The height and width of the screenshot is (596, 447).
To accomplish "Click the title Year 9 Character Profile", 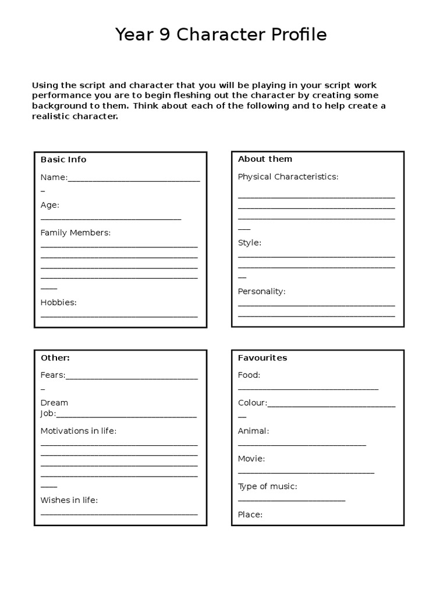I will pos(221,35).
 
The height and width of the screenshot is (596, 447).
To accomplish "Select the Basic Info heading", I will pos(63,159).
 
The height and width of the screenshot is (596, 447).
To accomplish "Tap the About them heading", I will pos(265,159).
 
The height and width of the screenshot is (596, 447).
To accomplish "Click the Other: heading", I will pos(55,358).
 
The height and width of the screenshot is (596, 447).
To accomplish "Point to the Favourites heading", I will pos(262,358).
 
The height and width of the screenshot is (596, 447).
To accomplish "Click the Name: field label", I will pos(54,178).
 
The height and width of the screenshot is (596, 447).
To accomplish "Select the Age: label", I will pos(49,205).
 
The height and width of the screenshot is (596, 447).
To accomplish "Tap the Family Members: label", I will pos(75,233).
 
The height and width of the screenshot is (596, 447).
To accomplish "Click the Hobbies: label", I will pos(58,303).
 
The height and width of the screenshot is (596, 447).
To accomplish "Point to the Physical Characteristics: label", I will pos(288,176).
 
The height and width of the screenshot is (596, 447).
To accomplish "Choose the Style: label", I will pos(249,243).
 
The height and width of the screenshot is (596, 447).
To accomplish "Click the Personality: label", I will pos(261,292).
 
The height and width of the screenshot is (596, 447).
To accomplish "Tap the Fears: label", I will pos(52,375).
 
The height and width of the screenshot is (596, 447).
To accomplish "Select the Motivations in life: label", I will pos(78,431).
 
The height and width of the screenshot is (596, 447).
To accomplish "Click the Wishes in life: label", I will pos(69,501).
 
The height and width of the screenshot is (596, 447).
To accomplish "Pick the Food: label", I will pos(249,375).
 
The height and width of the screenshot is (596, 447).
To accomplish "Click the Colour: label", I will pos(252,403).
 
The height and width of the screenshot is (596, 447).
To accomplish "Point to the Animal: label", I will pos(253,431).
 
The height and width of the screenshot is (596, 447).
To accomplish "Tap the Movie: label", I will pos(251,459).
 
